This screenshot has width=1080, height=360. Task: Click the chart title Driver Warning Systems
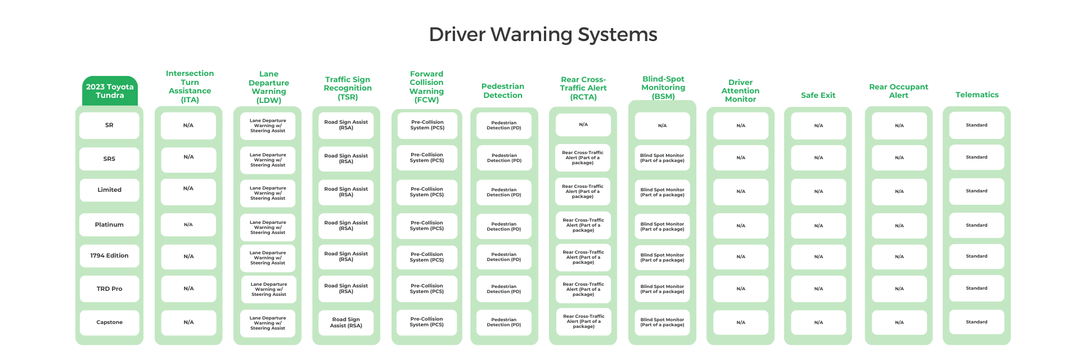[543, 34]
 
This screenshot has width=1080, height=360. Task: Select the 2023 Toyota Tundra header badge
[110, 91]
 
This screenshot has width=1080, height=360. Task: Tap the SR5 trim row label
[109, 159]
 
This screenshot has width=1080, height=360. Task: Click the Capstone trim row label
[109, 322]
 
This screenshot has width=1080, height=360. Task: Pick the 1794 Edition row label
[109, 256]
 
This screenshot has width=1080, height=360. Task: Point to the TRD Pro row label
[109, 289]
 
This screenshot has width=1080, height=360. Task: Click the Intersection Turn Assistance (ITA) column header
[190, 87]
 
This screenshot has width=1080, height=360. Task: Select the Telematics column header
[976, 95]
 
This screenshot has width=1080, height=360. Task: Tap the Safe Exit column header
[818, 96]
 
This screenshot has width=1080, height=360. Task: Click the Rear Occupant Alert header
[898, 91]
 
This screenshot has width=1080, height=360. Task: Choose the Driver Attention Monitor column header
[740, 91]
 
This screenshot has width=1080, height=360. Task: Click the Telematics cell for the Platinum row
[976, 225]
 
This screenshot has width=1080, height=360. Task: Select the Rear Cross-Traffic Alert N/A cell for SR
[583, 125]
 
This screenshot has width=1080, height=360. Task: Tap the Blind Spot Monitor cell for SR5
[662, 158]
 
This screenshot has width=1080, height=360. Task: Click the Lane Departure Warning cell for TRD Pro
[268, 289]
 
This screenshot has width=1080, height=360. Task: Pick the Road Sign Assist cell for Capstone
[346, 322]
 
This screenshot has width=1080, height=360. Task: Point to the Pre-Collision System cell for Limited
[427, 192]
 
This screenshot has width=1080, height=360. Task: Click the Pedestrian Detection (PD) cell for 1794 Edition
[504, 257]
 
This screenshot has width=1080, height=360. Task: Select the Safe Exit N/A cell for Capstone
[818, 322]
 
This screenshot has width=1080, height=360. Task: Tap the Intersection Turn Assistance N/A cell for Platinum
[188, 225]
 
